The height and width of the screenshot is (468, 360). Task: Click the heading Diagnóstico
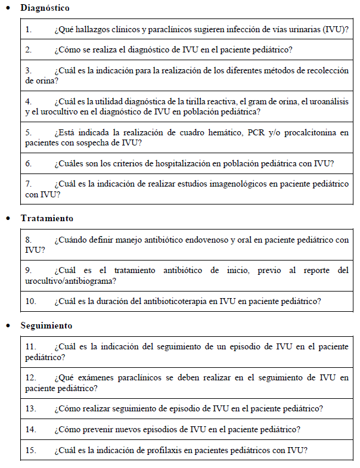pyautogui.click(x=45, y=8)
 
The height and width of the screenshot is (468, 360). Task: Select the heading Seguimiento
pyautogui.click(x=46, y=326)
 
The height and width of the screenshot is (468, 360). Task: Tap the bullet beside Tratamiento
pyautogui.click(x=8, y=219)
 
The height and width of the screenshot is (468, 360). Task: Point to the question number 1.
pyautogui.click(x=28, y=29)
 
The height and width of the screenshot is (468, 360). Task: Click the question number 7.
pyautogui.click(x=28, y=184)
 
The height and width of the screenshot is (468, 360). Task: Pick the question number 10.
pyautogui.click(x=30, y=301)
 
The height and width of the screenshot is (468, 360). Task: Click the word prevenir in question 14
pyautogui.click(x=97, y=429)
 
